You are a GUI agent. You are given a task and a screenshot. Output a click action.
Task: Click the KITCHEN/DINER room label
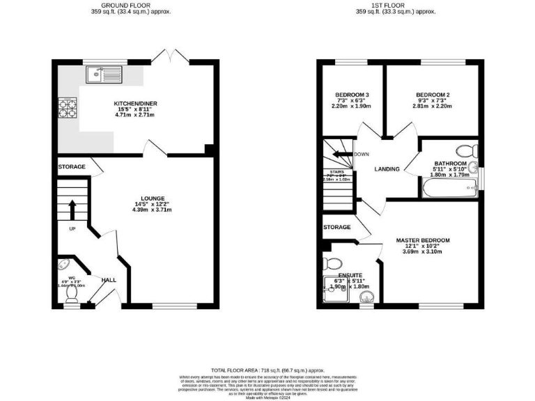(136, 104)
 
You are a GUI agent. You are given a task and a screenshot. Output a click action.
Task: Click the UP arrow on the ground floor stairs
(72, 207)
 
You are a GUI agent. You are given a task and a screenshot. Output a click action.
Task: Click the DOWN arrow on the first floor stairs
(341, 154)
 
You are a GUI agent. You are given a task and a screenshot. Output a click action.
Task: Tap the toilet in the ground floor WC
(63, 265)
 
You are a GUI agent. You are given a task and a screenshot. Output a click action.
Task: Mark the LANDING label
(387, 169)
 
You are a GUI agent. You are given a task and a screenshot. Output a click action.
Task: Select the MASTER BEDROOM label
(424, 240)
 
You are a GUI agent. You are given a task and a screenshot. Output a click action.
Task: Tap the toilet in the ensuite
(332, 264)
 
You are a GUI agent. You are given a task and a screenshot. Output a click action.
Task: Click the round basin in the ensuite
(366, 299)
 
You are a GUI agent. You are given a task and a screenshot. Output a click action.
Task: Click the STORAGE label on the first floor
(337, 228)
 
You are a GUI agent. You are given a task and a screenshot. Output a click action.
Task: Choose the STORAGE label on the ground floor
(72, 167)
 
